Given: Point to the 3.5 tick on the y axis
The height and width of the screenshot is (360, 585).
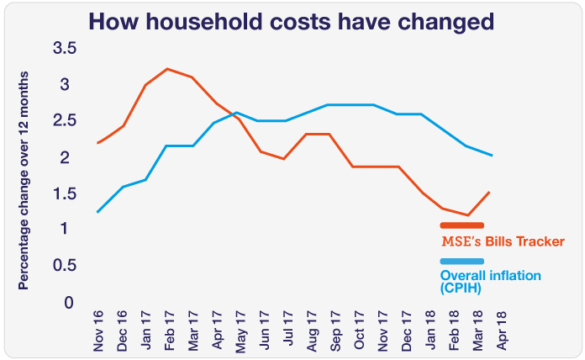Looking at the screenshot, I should tap(65, 49).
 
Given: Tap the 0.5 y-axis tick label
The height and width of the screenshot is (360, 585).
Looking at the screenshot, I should tap(65, 265).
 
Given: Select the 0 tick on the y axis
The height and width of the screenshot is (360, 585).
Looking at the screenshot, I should tap(70, 302).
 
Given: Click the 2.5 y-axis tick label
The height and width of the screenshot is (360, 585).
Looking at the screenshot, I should tap(65, 121).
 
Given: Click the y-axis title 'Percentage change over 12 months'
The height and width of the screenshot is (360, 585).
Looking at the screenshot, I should tap(24, 180).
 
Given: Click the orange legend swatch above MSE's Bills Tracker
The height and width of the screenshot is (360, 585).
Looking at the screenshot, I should tap(461, 225).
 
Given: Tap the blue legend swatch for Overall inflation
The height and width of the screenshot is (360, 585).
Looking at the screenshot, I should tap(461, 262).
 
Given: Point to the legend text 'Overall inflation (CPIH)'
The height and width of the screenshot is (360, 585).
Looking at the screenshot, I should tap(490, 282).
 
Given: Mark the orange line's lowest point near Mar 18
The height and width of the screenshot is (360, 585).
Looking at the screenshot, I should tap(467, 215).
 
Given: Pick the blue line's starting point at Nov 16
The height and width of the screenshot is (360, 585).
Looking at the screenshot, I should tap(99, 212).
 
